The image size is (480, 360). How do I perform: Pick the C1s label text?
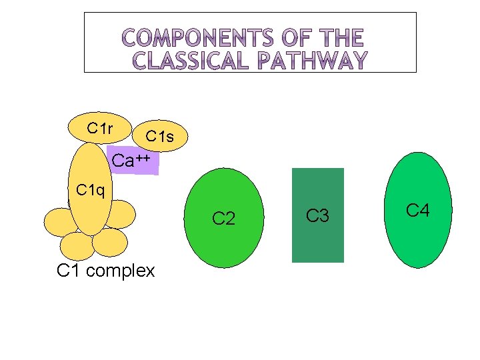coord(159,137)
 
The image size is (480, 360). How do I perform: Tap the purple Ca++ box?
coord(133,160)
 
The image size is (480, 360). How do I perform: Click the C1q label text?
coord(90,191)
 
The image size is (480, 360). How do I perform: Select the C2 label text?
coord(223,218)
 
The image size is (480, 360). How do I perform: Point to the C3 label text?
coord(317,215)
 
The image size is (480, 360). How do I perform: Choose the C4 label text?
coord(417,211)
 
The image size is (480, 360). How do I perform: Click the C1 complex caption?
coord(106,271)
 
